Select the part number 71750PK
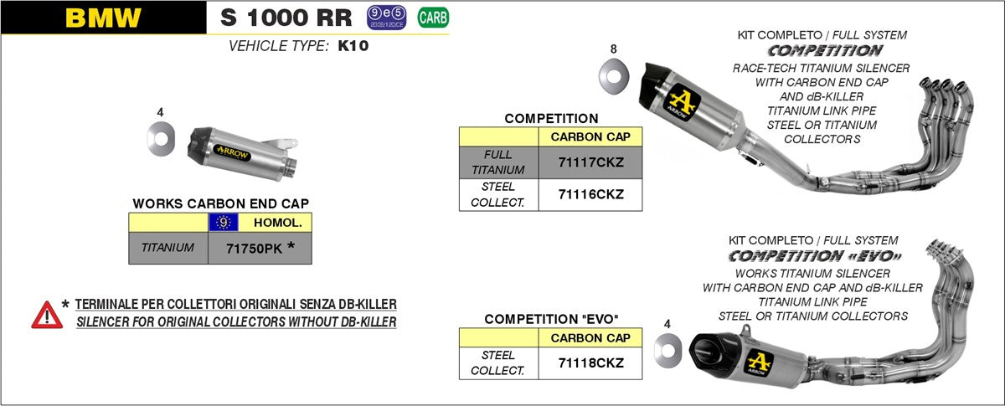(255, 248)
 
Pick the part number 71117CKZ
(590, 162)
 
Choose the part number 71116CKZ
(590, 194)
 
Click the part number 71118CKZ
(590, 362)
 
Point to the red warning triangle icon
(47, 315)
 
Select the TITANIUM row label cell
(167, 248)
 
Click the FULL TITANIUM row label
(498, 162)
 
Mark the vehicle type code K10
(353, 47)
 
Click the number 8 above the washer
(614, 49)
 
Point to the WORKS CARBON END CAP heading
(221, 203)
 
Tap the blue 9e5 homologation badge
(386, 16)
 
